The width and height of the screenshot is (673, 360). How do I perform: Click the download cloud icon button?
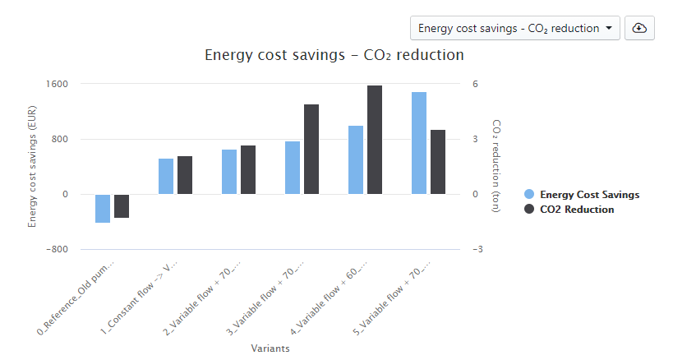(639, 28)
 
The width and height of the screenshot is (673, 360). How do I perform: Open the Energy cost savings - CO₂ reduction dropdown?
(514, 28)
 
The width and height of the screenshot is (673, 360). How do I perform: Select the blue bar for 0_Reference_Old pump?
(103, 209)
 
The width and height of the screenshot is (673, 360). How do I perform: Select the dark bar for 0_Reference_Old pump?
(122, 206)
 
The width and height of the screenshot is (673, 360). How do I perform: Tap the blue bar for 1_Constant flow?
(166, 176)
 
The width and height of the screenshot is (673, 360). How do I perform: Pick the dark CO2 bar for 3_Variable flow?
(311, 150)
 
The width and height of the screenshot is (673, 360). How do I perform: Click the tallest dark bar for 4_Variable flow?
(375, 140)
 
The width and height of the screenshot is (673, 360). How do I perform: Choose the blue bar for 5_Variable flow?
(419, 143)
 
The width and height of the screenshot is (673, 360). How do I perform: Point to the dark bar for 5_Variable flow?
(438, 162)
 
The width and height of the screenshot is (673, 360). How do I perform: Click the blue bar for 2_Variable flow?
(229, 172)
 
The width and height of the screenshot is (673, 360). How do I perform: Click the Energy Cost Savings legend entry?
(589, 195)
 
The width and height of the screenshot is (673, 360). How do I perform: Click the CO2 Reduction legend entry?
(577, 210)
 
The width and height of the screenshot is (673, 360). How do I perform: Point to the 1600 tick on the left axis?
(57, 84)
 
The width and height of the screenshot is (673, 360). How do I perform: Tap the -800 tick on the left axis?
(55, 249)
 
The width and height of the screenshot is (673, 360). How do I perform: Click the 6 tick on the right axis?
(475, 84)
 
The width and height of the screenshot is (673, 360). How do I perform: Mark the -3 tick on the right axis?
(477, 249)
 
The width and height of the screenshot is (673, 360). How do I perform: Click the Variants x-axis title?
(270, 348)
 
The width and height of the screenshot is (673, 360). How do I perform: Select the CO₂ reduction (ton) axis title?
(496, 166)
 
